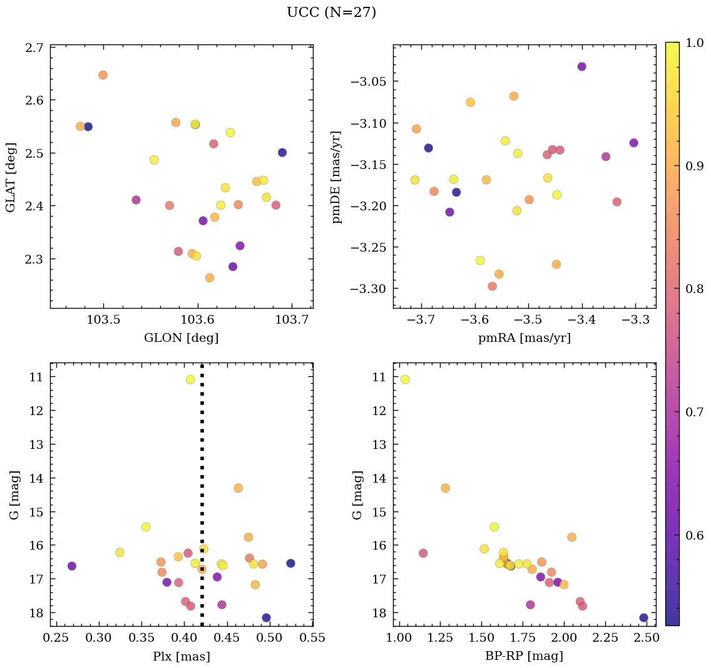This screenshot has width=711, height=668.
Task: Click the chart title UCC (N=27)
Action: pos(331,13)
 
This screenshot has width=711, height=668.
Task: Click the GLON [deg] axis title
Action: pos(181,338)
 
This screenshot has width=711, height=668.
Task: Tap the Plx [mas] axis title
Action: pos(181,656)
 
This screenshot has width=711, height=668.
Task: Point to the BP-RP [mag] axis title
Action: pos(524,656)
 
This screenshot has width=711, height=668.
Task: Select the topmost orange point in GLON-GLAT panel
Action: pos(103,75)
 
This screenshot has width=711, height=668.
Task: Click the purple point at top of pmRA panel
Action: pos(581,66)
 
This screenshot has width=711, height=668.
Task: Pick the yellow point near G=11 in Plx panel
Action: pos(190,379)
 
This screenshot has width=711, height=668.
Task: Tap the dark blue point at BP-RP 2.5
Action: pos(643,618)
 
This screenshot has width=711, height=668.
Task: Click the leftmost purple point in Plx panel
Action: pos(72,566)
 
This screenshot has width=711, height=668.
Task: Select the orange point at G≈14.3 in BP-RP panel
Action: pos(445,488)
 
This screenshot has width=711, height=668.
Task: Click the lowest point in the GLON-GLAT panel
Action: pos(209,278)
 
